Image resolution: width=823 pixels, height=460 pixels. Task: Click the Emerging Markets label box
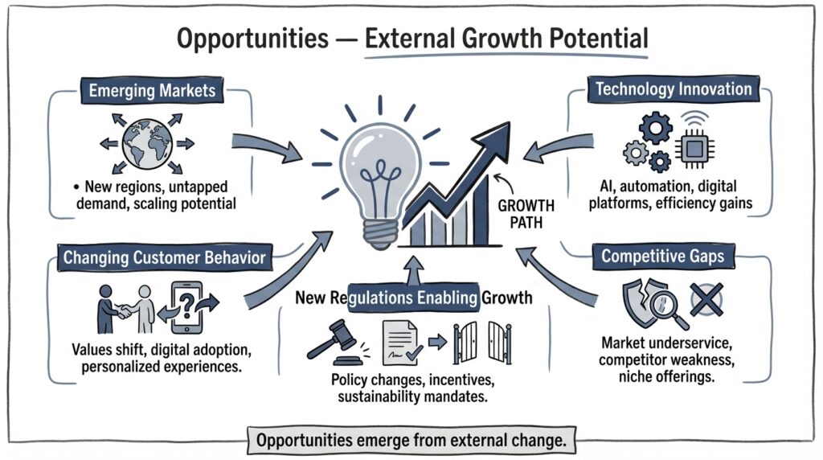click(x=153, y=89)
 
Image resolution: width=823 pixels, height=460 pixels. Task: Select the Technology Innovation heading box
click(x=674, y=89)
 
